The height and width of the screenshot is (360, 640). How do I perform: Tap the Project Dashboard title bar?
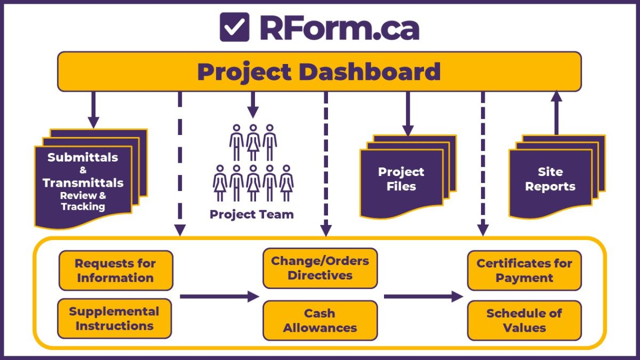click(x=319, y=71)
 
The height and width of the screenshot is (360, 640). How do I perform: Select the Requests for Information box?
click(x=115, y=270)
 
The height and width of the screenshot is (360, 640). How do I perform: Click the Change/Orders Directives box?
click(x=320, y=268)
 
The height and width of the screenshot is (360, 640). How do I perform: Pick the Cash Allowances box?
click(x=320, y=321)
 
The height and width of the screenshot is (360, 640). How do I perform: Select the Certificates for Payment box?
click(x=524, y=270)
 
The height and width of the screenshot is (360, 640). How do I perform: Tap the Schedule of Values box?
click(x=524, y=321)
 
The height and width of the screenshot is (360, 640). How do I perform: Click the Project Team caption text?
click(x=252, y=214)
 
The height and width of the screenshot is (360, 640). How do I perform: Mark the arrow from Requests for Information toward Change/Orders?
click(x=219, y=297)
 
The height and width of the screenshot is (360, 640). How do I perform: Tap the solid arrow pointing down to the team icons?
click(x=253, y=104)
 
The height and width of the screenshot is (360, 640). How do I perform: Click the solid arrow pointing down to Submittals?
click(x=94, y=109)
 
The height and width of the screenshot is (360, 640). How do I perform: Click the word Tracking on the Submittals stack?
click(x=83, y=206)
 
